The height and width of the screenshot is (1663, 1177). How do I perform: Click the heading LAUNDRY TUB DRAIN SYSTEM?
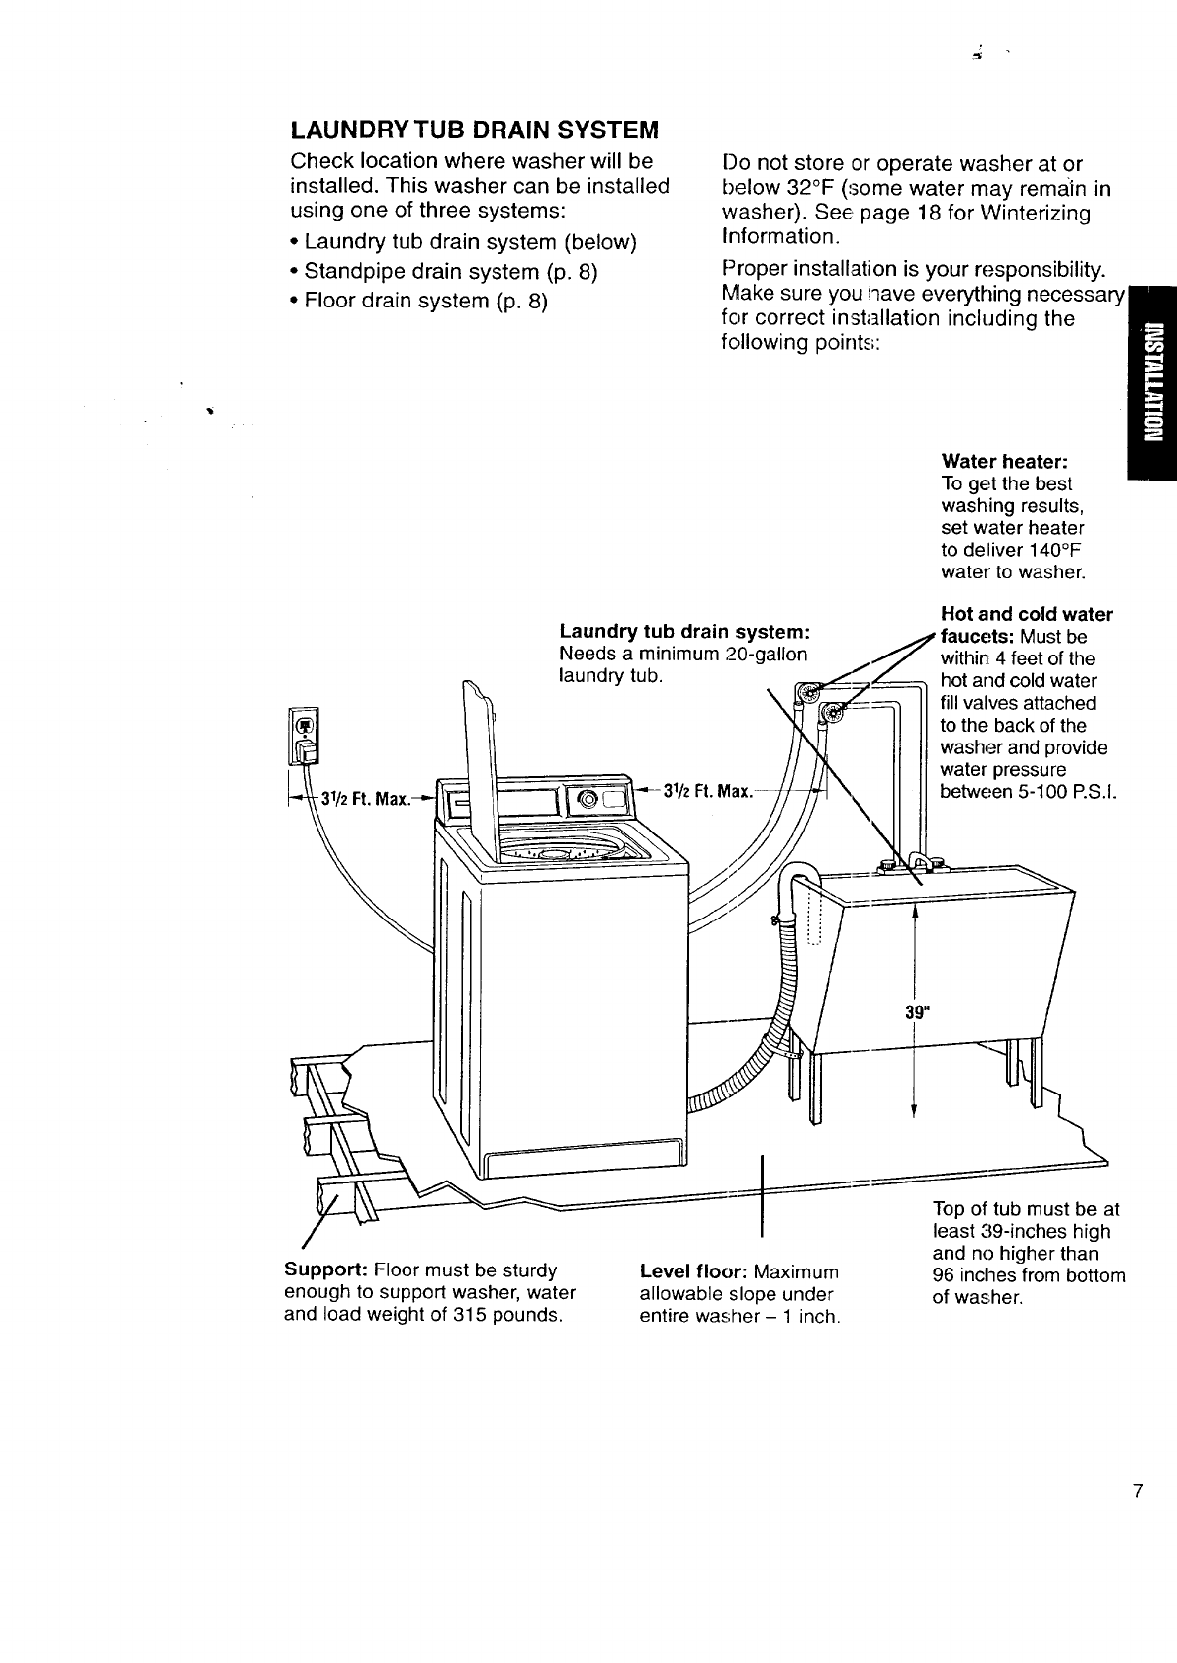pos(474,131)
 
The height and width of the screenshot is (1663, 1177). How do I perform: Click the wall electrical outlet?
pos(305,738)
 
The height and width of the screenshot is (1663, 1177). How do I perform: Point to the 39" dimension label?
pos(918,1010)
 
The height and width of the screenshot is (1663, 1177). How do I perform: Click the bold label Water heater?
pos(1005,462)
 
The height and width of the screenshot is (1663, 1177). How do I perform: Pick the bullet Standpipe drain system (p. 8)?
pos(451,271)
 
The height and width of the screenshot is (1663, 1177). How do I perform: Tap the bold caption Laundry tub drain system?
pos(685,632)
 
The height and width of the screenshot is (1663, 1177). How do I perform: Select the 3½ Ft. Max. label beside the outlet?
pos(373,798)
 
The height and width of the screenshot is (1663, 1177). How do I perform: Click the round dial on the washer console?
pos(588,798)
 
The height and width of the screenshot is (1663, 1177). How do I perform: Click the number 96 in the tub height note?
pos(945,1275)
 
